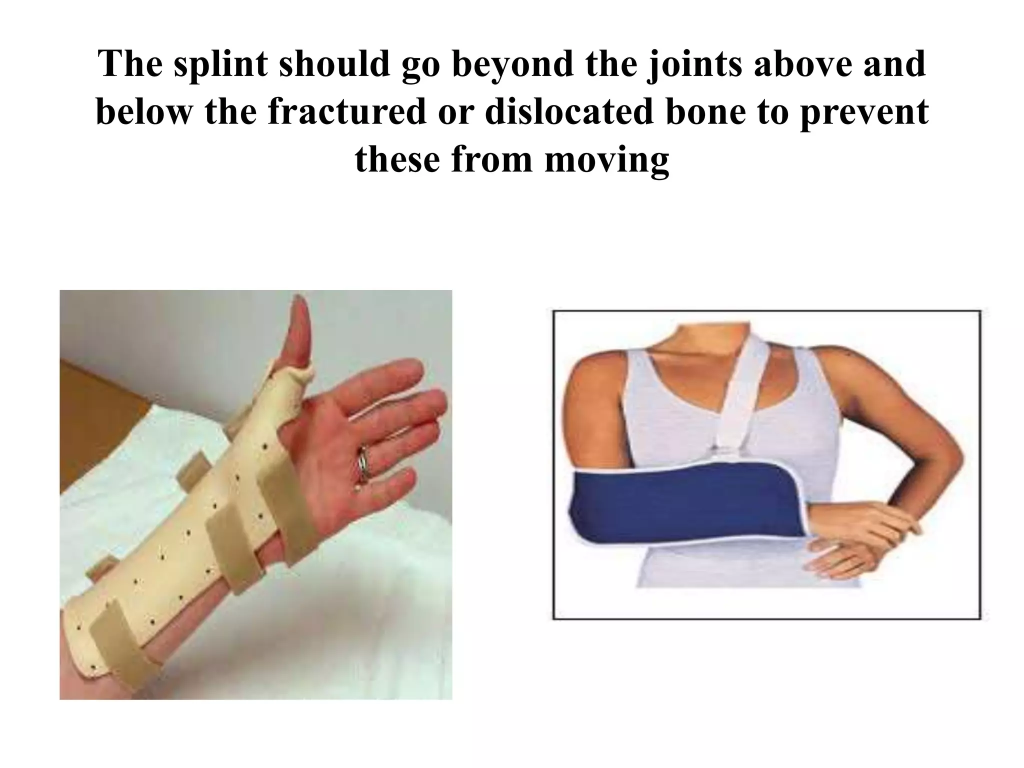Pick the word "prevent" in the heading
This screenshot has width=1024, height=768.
point(864,113)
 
